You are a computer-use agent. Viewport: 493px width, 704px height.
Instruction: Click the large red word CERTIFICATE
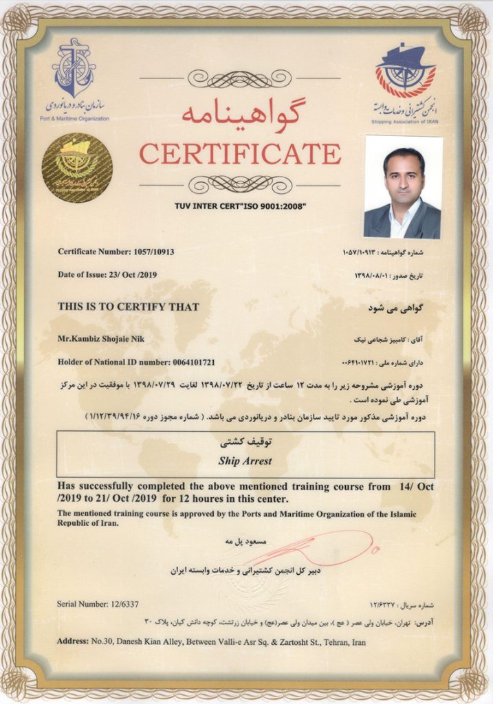point(240,153)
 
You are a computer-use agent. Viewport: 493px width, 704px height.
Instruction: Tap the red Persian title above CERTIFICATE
point(240,111)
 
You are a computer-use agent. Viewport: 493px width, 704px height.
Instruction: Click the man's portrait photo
point(403,186)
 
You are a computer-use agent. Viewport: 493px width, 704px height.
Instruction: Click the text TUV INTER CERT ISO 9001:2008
point(240,206)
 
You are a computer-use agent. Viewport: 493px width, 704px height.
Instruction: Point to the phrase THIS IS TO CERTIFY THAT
point(129,307)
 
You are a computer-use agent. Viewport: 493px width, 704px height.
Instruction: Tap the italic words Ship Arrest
point(245,461)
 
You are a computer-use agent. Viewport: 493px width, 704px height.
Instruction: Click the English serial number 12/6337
point(119,604)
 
